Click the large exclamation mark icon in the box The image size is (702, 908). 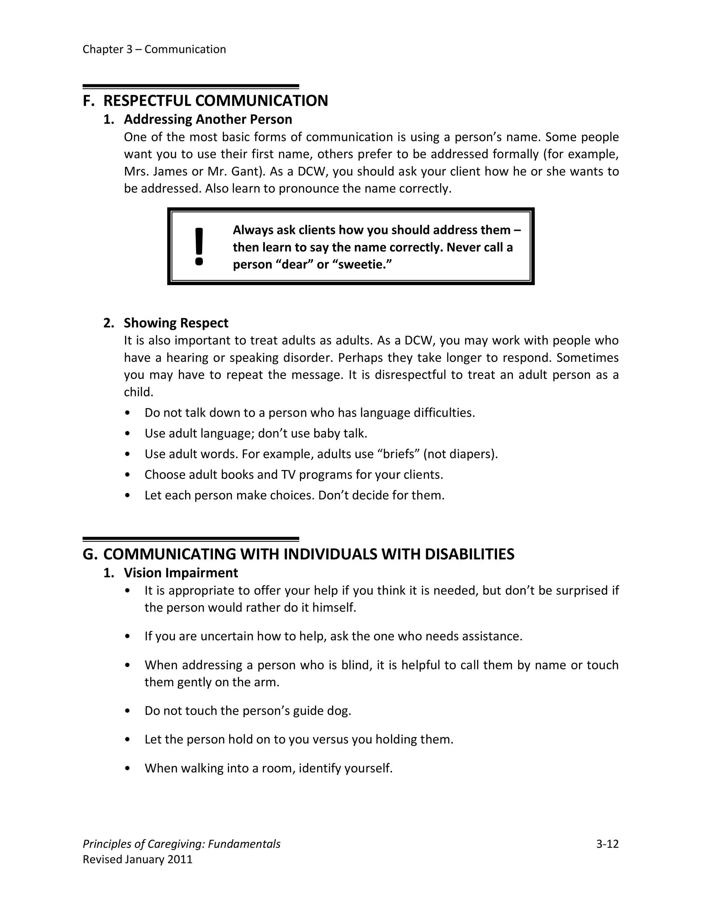pos(199,247)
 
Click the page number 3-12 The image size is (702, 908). pos(607,844)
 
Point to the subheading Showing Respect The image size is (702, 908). pos(176,323)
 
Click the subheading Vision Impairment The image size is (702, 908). pos(181,573)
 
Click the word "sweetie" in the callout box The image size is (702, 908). pos(361,265)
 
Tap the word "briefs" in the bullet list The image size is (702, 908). pos(398,454)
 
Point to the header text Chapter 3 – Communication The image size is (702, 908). pos(154,49)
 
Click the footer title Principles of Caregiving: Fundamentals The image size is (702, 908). pos(181,844)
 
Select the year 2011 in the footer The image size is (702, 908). pos(180,859)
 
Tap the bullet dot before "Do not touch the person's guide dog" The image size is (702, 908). pos(128,711)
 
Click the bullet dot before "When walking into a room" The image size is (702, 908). pos(128,768)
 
